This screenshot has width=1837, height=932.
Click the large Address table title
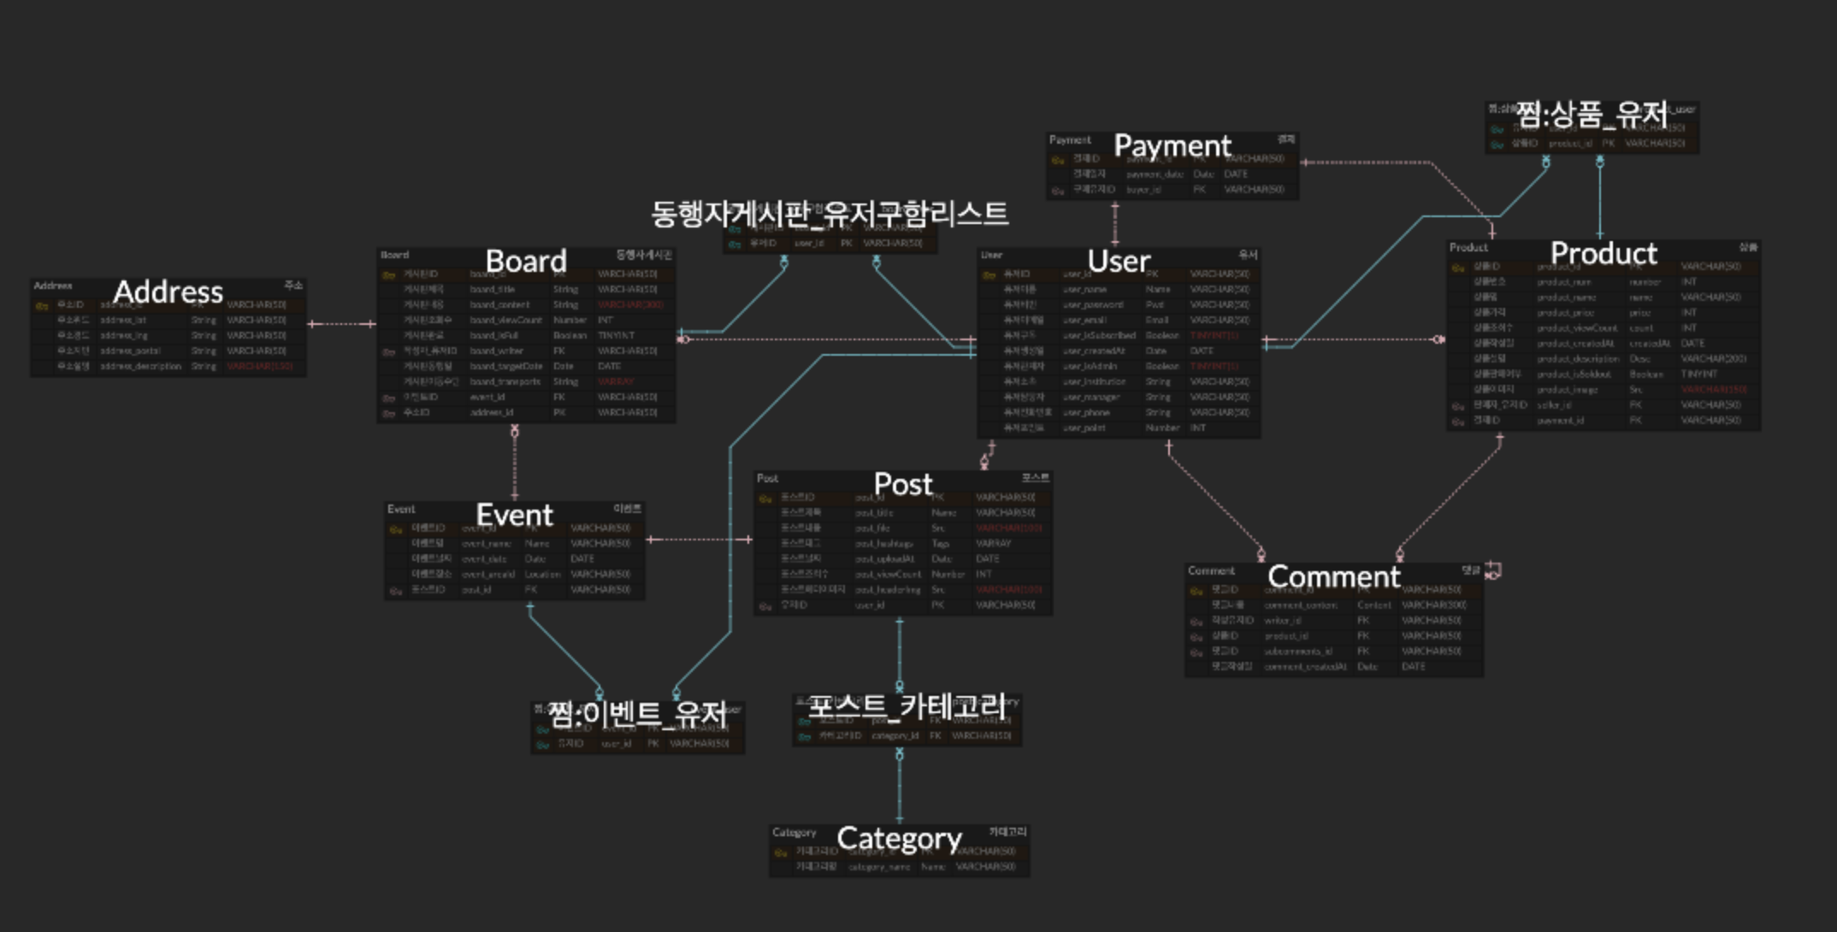click(x=168, y=292)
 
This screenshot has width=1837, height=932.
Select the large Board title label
click(x=526, y=262)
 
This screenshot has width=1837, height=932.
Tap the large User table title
click(x=1119, y=262)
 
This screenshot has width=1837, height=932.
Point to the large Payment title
click(x=1172, y=146)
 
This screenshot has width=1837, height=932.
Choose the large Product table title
click(x=1604, y=254)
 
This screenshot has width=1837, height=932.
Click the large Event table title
click(x=514, y=516)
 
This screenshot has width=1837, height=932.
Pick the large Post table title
click(x=903, y=485)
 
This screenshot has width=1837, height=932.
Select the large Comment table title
click(x=1333, y=577)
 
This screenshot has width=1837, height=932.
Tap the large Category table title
click(x=899, y=839)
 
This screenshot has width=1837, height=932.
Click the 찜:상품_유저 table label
click(x=1592, y=115)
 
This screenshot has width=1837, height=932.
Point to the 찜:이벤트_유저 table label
click(x=637, y=714)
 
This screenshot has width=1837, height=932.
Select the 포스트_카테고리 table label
click(x=907, y=706)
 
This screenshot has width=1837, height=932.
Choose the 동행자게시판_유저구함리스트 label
click(x=830, y=214)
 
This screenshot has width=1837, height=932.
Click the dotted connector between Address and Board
click(x=342, y=324)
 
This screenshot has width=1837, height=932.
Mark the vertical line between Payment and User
click(x=1114, y=224)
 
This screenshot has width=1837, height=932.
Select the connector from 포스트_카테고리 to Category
click(x=899, y=787)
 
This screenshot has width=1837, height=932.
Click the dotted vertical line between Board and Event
click(x=514, y=466)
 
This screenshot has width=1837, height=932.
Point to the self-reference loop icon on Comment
click(x=1493, y=570)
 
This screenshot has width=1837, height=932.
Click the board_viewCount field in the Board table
click(x=505, y=321)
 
